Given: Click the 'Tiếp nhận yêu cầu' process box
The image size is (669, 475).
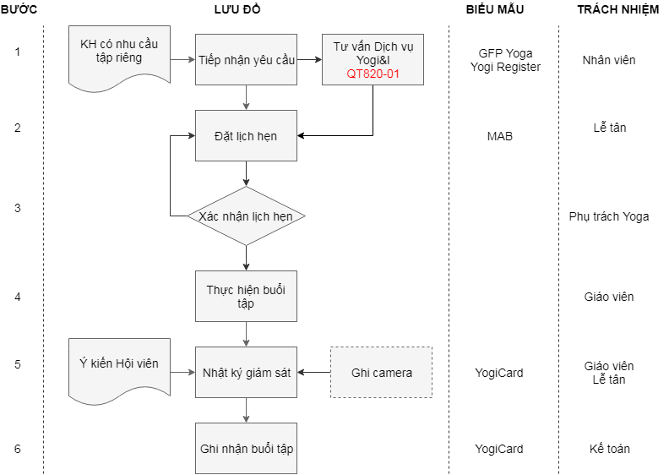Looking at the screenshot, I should (x=246, y=60).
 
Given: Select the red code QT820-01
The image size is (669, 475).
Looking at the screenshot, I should (x=373, y=74).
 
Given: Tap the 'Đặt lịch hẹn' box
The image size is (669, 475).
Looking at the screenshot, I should (x=246, y=136).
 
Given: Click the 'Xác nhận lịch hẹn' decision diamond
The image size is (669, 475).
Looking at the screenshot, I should (x=246, y=216).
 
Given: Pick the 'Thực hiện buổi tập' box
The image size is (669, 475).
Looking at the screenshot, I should (x=246, y=296).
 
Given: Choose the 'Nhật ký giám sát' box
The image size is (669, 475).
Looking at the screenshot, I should (x=246, y=372).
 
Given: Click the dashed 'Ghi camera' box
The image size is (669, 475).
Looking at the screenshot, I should (x=381, y=372).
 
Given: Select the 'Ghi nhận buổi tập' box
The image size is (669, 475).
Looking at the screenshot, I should (x=246, y=448).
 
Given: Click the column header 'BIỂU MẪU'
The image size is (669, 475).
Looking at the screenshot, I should (x=495, y=9).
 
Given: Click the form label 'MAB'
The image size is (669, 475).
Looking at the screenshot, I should (x=499, y=135).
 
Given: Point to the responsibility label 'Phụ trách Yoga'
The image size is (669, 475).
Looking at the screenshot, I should (x=609, y=216).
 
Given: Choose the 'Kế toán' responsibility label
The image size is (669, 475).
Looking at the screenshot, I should (x=609, y=449).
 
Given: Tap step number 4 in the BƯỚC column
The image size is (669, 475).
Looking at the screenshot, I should (x=18, y=297).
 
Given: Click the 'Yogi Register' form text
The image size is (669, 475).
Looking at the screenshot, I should (x=505, y=67).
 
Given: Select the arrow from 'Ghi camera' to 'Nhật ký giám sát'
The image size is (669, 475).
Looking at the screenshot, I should (x=313, y=372).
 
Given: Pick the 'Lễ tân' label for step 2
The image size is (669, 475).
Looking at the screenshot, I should (x=609, y=128).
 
